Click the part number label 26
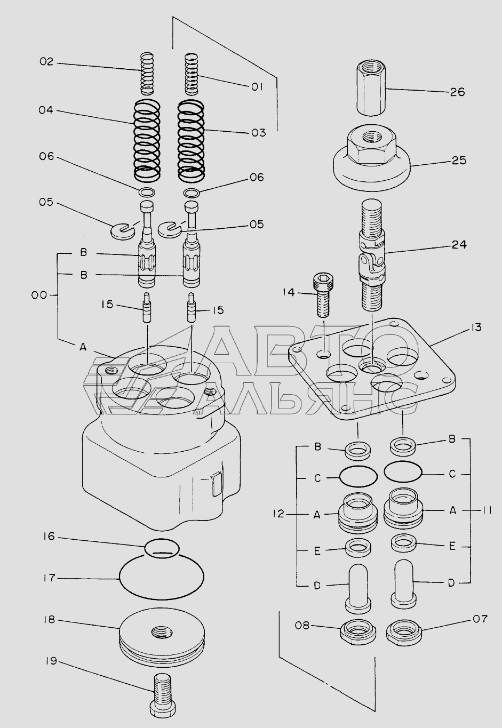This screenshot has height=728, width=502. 458,92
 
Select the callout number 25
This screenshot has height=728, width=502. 459,161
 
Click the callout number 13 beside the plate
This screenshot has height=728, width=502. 475,327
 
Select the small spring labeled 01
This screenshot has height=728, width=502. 192,74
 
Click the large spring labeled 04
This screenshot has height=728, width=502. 147,140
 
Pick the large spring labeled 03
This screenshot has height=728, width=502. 192,140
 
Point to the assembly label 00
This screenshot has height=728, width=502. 39,295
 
